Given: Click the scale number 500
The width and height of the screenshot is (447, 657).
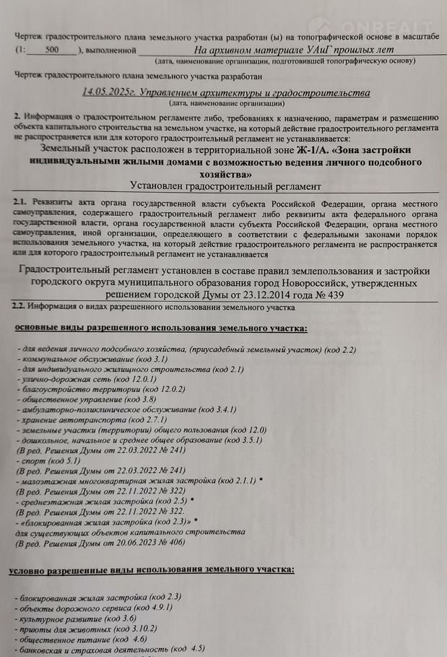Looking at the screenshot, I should (x=52, y=51).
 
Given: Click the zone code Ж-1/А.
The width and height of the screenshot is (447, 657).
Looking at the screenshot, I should (x=311, y=149).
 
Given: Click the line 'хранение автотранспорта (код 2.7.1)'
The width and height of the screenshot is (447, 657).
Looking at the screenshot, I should (x=94, y=419).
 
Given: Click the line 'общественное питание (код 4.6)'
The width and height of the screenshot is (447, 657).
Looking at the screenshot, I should (x=83, y=639).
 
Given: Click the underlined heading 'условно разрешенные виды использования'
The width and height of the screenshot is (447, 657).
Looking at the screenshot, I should (x=152, y=570).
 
